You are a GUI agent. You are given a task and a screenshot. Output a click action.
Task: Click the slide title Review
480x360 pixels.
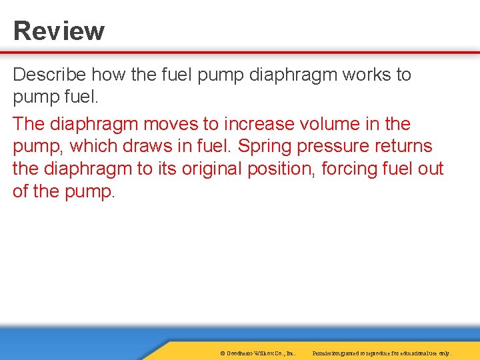pos(59,31)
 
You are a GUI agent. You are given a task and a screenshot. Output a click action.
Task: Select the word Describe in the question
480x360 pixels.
pos(50,75)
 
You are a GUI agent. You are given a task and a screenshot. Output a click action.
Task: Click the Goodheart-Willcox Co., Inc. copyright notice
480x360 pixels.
pos(257,353)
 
